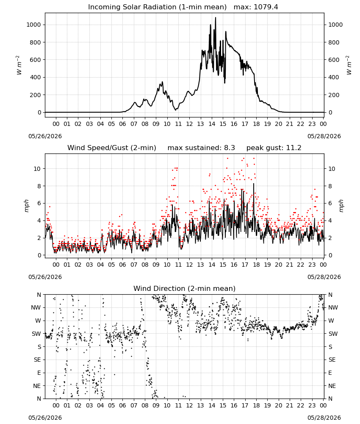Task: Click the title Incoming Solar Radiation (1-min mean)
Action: pyautogui.click(x=157, y=7)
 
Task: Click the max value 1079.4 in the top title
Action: pyautogui.click(x=266, y=7)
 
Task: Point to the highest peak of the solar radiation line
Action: pyautogui.click(x=216, y=17)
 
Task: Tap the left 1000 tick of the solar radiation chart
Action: pyautogui.click(x=33, y=25)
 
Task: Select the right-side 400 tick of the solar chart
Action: pyautogui.click(x=334, y=77)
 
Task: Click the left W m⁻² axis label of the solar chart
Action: pyautogui.click(x=18, y=65)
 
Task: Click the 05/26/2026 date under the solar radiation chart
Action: pyautogui.click(x=45, y=136)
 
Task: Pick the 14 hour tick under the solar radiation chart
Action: pyautogui.click(x=212, y=124)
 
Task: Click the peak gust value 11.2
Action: pyautogui.click(x=294, y=148)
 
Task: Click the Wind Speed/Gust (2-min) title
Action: pyautogui.click(x=112, y=148)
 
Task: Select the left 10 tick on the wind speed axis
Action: pyautogui.click(x=37, y=169)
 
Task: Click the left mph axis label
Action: pyautogui.click(x=26, y=206)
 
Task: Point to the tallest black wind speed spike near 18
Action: pyautogui.click(x=254, y=184)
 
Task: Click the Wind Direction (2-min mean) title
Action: pyautogui.click(x=185, y=288)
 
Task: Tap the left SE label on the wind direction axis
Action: pyautogui.click(x=37, y=360)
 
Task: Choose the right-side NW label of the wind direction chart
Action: pyautogui.click(x=333, y=308)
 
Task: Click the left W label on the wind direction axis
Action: pyautogui.click(x=38, y=321)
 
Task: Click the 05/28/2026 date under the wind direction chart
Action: pyautogui.click(x=324, y=418)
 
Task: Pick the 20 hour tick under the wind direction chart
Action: pyautogui.click(x=278, y=405)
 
